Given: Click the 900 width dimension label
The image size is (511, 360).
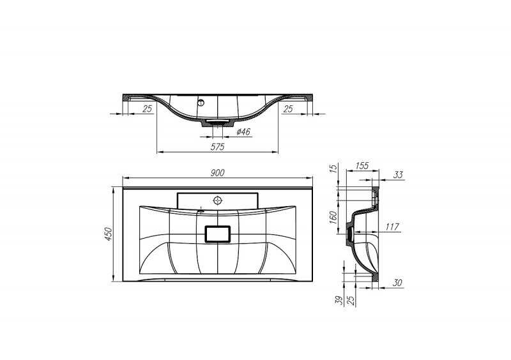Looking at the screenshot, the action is coord(217,173).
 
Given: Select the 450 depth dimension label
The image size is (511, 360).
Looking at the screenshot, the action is coord(108,234).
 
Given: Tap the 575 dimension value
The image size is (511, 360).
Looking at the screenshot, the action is coord(217,147).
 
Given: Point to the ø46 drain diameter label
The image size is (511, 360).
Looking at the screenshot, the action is coord(243,131).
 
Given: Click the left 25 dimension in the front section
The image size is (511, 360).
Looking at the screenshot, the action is coord(148,109).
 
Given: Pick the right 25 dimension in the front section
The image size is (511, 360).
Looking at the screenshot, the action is coord(288,109).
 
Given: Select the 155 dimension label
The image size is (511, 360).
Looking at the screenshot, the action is coord(362,166).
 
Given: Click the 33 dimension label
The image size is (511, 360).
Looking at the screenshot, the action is coord(398,175).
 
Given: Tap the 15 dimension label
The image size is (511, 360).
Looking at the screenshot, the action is coord(333,169).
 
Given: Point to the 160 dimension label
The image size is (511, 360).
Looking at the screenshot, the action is coord(333,217).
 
